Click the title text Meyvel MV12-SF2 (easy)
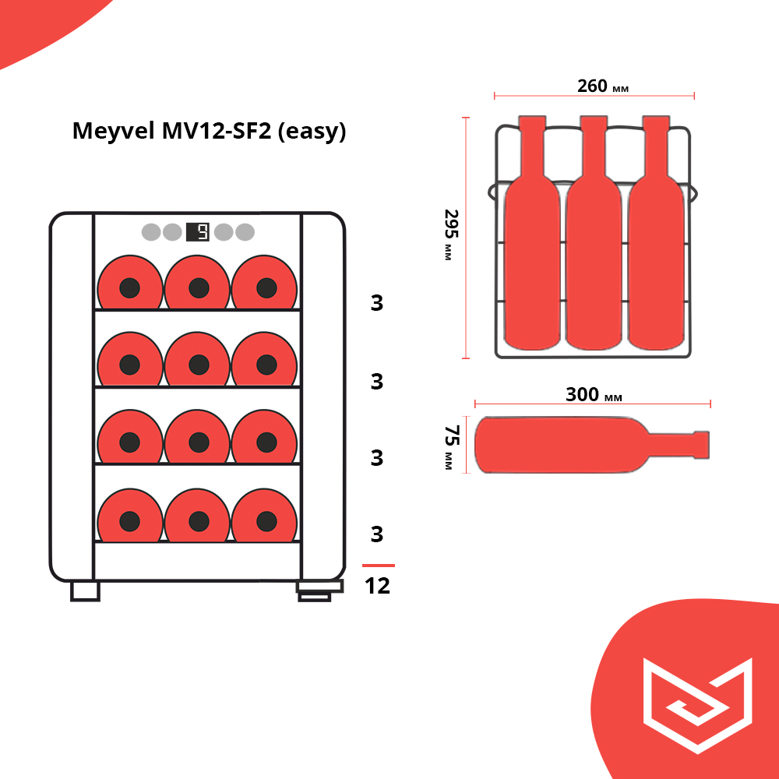[209, 131]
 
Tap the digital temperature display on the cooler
[198, 231]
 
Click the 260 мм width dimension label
[602, 86]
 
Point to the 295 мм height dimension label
[449, 234]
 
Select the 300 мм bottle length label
[594, 395]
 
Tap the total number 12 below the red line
[377, 586]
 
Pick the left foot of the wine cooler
[85, 591]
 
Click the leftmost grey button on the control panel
[150, 232]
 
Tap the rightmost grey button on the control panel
[245, 232]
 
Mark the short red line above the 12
[379, 566]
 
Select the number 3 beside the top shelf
[377, 303]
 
